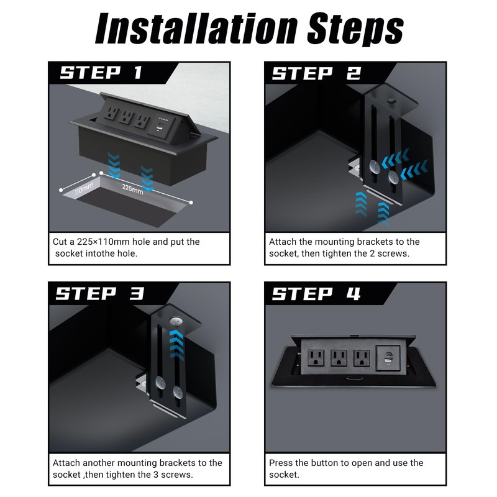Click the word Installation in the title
[x=197, y=29]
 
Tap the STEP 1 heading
[x=101, y=73]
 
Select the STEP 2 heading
[x=316, y=73]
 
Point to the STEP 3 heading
[x=100, y=293]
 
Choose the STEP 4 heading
[x=316, y=293]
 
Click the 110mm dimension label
[x=84, y=189]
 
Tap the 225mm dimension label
[x=132, y=189]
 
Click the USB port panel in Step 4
[x=388, y=358]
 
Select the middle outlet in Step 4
[x=339, y=358]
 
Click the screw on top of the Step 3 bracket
[x=175, y=322]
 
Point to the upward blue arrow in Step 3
[x=176, y=345]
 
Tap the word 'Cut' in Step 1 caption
[x=60, y=242]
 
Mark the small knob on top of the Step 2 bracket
[x=392, y=101]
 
